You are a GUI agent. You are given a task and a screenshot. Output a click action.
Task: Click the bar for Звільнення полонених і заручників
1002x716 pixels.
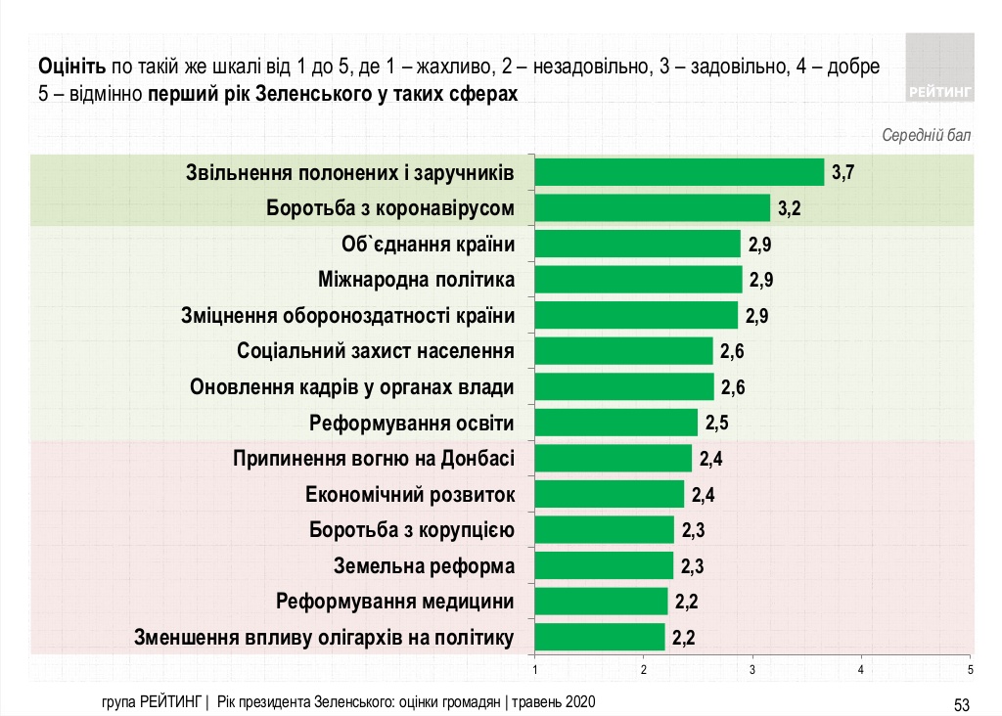point(679,172)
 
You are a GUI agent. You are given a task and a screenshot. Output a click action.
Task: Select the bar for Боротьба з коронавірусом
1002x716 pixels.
point(653,208)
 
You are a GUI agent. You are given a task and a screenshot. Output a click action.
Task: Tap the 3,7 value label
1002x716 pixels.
point(843,173)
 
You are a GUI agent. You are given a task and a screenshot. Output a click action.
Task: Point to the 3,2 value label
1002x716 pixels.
point(790,209)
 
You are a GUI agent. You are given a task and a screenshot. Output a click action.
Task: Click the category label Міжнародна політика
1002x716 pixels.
point(417,280)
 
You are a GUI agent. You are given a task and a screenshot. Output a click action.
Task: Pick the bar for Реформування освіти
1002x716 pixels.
point(616,423)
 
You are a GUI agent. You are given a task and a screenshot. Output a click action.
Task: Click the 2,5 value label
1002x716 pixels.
point(716,424)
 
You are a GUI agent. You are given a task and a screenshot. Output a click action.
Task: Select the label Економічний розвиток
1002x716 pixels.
point(410,494)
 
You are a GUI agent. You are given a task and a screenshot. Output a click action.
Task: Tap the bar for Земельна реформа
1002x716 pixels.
point(605,565)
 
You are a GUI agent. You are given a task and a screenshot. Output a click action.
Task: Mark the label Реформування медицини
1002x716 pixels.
point(395,601)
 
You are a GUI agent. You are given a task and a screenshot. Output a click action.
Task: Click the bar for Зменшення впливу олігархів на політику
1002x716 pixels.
point(600,637)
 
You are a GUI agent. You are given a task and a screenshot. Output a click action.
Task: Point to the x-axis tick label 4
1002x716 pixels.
point(861,670)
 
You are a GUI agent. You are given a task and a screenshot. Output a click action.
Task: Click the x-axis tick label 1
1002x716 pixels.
point(535,670)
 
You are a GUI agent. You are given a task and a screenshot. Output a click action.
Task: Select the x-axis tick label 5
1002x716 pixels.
point(970,670)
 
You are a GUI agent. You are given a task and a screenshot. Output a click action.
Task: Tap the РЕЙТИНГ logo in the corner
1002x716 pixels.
point(939,66)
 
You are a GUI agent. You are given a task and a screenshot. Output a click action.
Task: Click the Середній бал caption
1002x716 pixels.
point(927,135)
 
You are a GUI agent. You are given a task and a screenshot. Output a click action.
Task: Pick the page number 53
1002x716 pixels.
point(961,703)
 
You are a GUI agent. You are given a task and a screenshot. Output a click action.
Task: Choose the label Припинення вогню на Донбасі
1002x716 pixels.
point(373,458)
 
